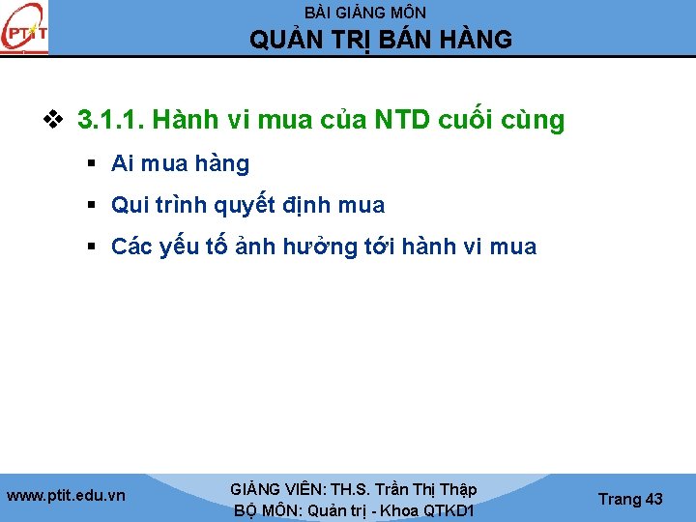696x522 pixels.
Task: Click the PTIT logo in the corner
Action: (x=24, y=29)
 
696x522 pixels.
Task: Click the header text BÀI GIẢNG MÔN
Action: (x=364, y=13)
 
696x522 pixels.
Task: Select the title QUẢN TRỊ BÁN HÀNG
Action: (x=381, y=40)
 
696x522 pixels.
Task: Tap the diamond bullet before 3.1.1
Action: (x=53, y=121)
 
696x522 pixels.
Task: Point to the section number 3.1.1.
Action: (x=105, y=121)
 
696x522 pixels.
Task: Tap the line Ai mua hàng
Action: (x=180, y=164)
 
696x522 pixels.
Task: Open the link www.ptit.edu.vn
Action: (x=66, y=496)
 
